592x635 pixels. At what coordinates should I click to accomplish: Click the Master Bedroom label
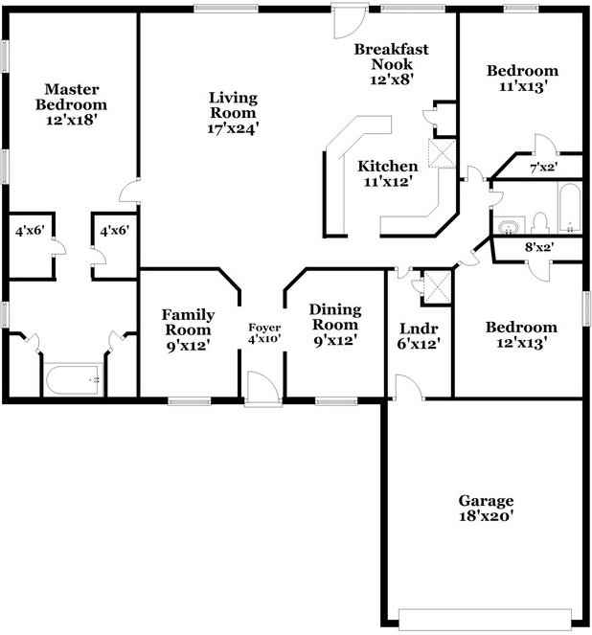click(x=71, y=104)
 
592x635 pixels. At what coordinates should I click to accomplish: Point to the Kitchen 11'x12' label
click(x=388, y=174)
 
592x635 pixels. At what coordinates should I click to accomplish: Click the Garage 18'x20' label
click(x=486, y=509)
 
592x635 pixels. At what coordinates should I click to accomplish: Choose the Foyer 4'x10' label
click(x=264, y=333)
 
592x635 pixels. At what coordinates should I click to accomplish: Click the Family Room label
click(x=188, y=329)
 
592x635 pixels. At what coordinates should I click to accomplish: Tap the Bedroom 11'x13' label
click(x=522, y=79)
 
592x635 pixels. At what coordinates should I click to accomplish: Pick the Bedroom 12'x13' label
click(x=520, y=335)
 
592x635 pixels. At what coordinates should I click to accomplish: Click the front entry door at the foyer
click(x=260, y=388)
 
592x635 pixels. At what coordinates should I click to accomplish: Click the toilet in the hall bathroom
click(x=538, y=223)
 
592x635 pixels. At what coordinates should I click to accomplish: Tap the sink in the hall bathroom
click(x=507, y=226)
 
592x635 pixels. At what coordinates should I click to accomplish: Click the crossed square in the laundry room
click(x=437, y=284)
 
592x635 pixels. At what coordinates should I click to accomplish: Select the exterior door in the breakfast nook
click(x=346, y=17)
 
